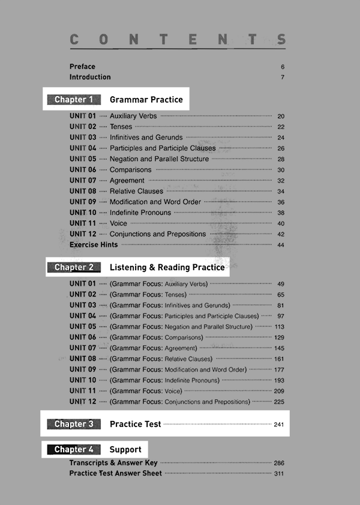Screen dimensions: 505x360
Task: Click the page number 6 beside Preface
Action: click(282, 67)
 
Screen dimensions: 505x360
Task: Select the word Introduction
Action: click(90, 77)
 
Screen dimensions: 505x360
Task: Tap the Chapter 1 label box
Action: click(74, 100)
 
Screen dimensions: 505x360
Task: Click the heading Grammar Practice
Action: click(146, 100)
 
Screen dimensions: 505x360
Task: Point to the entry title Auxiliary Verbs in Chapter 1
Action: click(133, 116)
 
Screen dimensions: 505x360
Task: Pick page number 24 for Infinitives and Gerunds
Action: click(281, 138)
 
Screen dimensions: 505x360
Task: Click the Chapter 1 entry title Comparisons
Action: click(130, 170)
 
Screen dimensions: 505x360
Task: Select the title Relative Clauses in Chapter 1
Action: click(136, 192)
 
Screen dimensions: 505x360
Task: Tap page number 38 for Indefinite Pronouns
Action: click(281, 213)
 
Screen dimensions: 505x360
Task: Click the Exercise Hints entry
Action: click(94, 245)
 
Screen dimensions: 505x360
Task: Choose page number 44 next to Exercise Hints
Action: click(281, 245)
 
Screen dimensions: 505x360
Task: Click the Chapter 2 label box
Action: click(74, 267)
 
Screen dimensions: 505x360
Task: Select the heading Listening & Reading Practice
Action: click(167, 267)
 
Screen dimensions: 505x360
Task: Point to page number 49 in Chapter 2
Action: click(281, 284)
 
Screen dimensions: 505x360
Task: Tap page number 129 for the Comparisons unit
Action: click(279, 338)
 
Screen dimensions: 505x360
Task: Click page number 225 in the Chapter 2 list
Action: click(279, 402)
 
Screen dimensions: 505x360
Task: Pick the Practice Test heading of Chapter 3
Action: click(135, 424)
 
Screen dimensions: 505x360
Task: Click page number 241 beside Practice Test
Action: click(278, 425)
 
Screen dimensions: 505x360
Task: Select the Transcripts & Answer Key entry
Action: click(113, 463)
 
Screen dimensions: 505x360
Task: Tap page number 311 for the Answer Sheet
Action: click(278, 474)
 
